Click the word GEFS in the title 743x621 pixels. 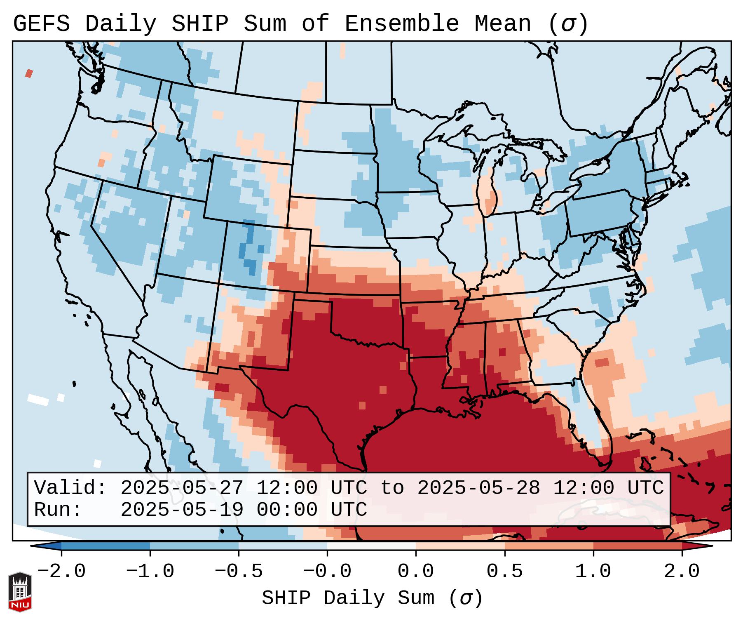(x=42, y=24)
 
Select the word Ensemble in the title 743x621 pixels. (x=401, y=24)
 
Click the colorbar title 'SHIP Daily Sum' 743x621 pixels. (x=348, y=598)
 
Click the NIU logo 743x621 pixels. (x=20, y=591)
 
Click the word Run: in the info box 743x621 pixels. (x=58, y=510)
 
